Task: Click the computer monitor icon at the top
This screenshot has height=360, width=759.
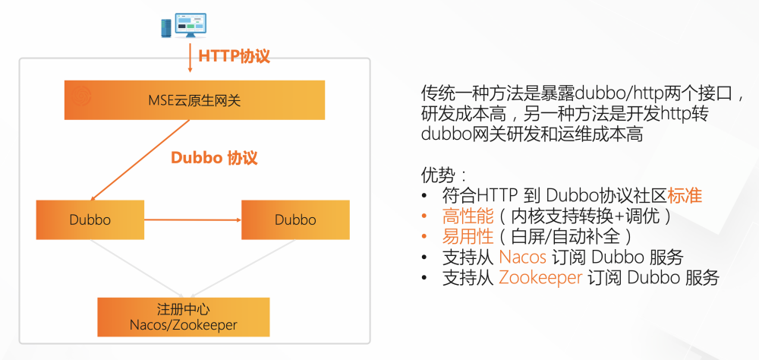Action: tap(191, 25)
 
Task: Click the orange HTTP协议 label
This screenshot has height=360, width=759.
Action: tap(234, 56)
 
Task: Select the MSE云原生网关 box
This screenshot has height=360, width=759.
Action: tap(194, 99)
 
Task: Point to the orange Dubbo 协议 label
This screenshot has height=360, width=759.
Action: tap(214, 158)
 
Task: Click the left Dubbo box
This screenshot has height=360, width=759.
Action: tap(90, 219)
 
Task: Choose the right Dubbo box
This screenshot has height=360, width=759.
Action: tap(295, 219)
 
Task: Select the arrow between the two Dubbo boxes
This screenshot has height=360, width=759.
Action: tap(192, 219)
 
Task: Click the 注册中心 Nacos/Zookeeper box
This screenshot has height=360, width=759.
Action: tap(184, 317)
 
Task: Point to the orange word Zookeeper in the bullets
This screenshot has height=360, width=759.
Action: tap(540, 277)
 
